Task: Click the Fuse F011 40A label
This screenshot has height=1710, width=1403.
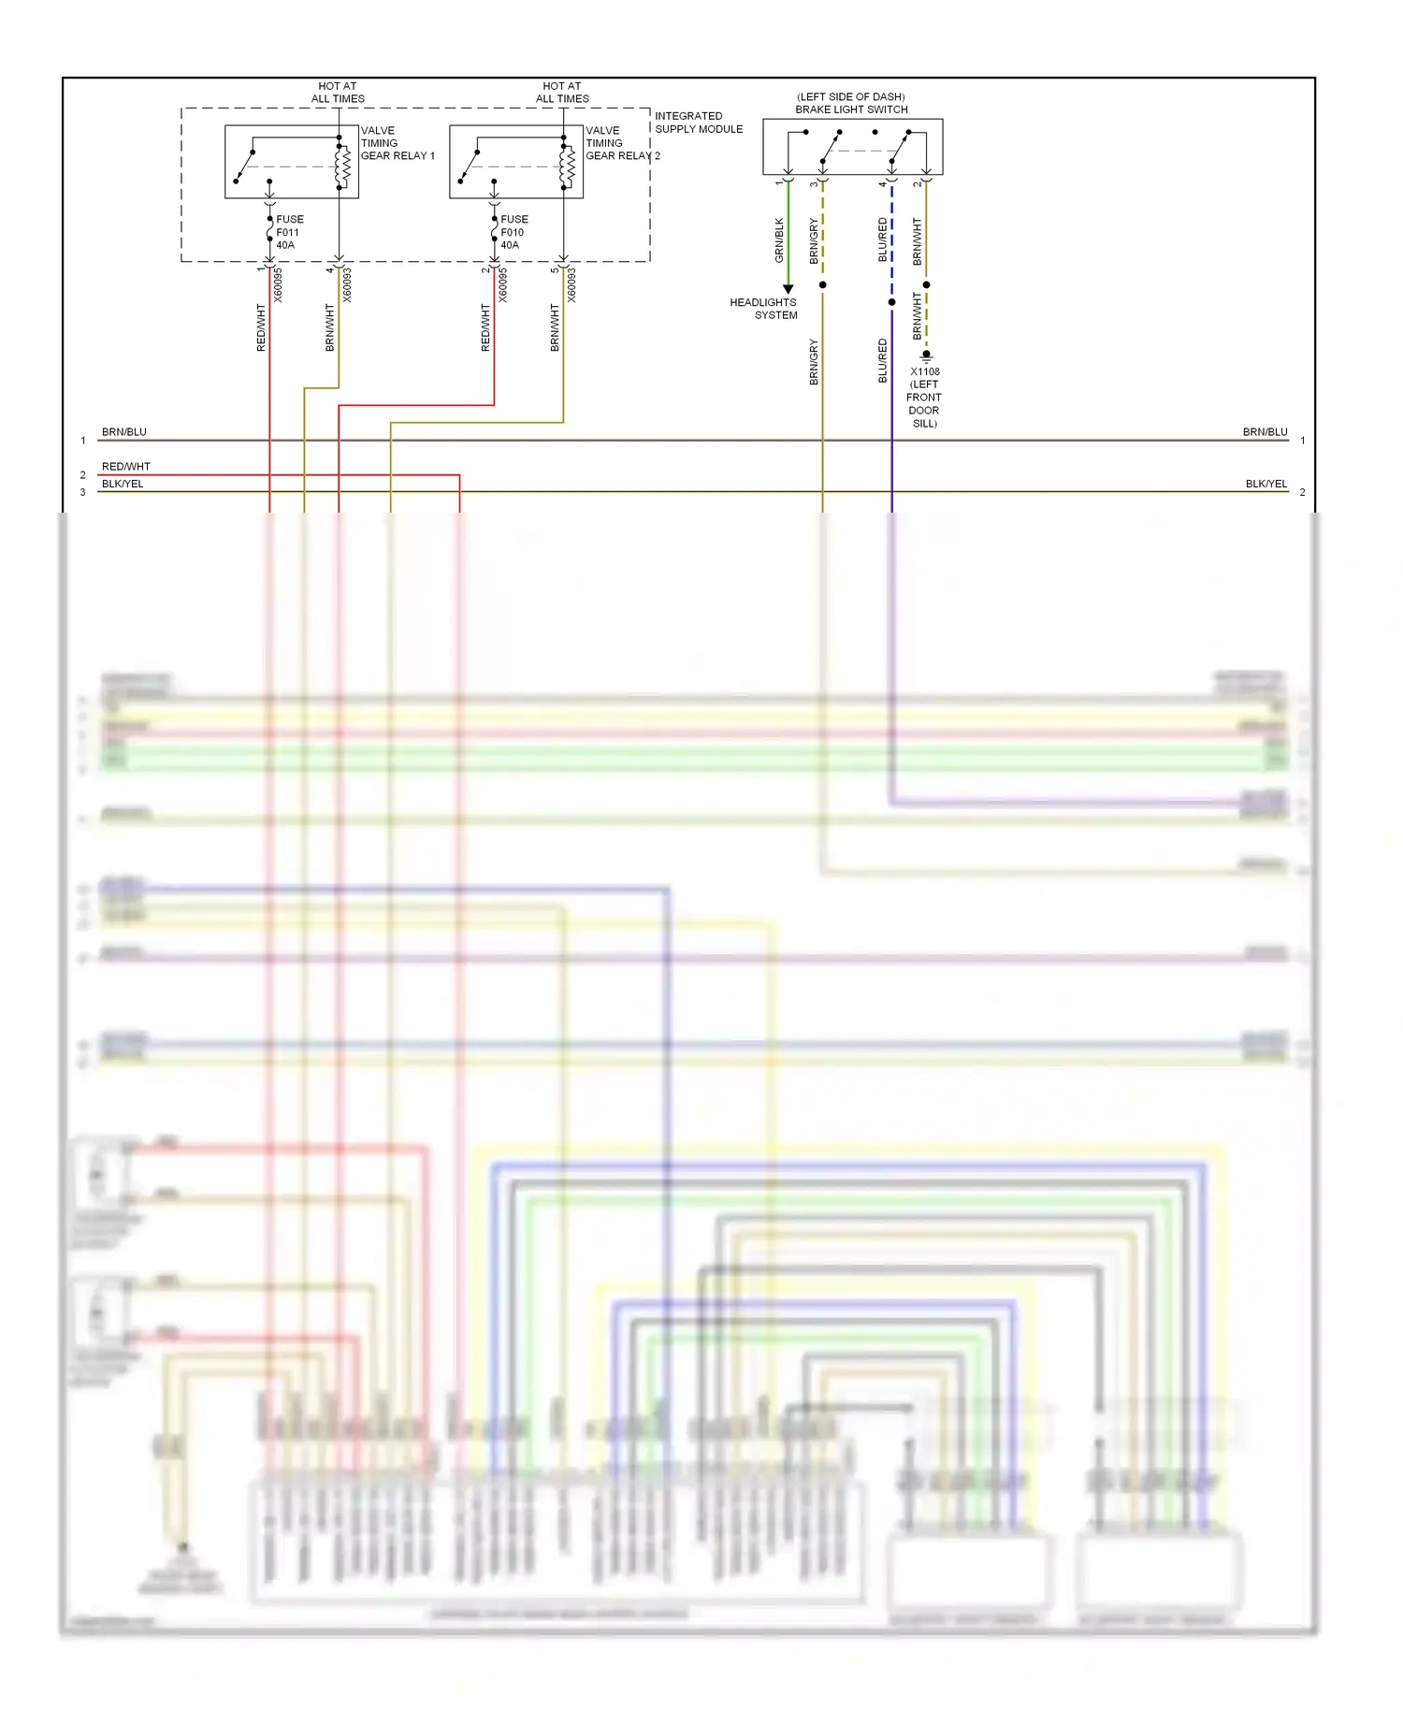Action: click(289, 232)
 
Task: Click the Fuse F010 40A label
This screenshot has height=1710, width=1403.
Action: click(513, 232)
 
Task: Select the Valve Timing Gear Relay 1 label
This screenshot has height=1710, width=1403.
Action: click(397, 143)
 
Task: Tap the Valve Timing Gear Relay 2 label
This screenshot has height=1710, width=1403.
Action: click(621, 143)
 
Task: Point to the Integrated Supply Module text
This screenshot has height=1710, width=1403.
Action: click(698, 123)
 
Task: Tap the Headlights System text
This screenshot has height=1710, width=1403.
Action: click(764, 309)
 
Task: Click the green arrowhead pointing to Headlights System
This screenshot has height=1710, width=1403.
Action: click(788, 289)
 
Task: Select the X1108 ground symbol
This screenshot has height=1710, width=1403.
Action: click(926, 356)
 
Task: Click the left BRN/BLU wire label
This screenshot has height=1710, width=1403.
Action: click(123, 432)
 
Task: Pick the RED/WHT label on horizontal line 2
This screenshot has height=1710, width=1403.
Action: click(125, 466)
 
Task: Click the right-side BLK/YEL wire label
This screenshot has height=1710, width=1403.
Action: click(1266, 484)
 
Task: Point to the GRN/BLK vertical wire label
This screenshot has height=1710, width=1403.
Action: click(779, 239)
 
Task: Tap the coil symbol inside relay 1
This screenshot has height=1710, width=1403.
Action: click(343, 166)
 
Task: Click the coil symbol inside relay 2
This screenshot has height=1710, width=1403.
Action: click(568, 166)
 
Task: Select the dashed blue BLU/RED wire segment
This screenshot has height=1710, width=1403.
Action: click(891, 239)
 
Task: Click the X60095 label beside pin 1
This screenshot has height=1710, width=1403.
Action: click(278, 285)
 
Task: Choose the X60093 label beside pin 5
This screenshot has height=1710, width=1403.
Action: click(571, 285)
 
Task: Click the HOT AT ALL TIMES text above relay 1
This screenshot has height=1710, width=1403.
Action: click(338, 92)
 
